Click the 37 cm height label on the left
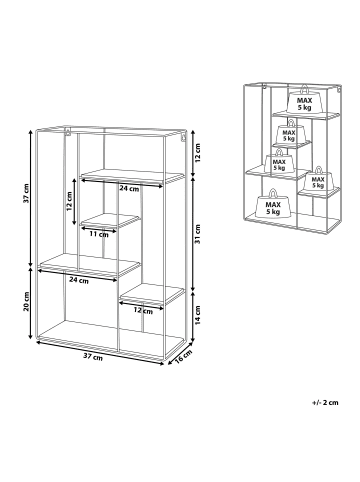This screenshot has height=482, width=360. tap(27, 193)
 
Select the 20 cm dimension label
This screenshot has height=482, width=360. tap(27, 301)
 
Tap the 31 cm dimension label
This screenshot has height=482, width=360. tap(197, 234)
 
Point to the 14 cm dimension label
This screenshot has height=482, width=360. tap(197, 315)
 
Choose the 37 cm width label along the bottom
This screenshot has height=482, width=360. tap(93, 357)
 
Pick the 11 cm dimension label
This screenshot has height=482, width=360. tap(99, 234)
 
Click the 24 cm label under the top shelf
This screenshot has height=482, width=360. tap(129, 189)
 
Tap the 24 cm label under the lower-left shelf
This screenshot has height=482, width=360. tap(79, 280)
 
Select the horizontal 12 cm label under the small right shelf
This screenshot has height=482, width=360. tap(143, 311)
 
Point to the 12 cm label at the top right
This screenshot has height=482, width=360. tap(197, 153)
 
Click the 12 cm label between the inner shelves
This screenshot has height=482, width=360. tap(69, 201)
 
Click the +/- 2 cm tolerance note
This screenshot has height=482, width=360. tap(325, 402)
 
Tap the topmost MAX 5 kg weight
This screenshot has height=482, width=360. tap(305, 99)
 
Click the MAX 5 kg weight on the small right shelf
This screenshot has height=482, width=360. tap(318, 179)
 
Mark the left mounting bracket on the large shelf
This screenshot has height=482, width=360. tap(68, 131)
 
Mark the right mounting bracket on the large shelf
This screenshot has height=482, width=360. tap(183, 137)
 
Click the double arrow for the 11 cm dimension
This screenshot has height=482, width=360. tap(98, 229)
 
